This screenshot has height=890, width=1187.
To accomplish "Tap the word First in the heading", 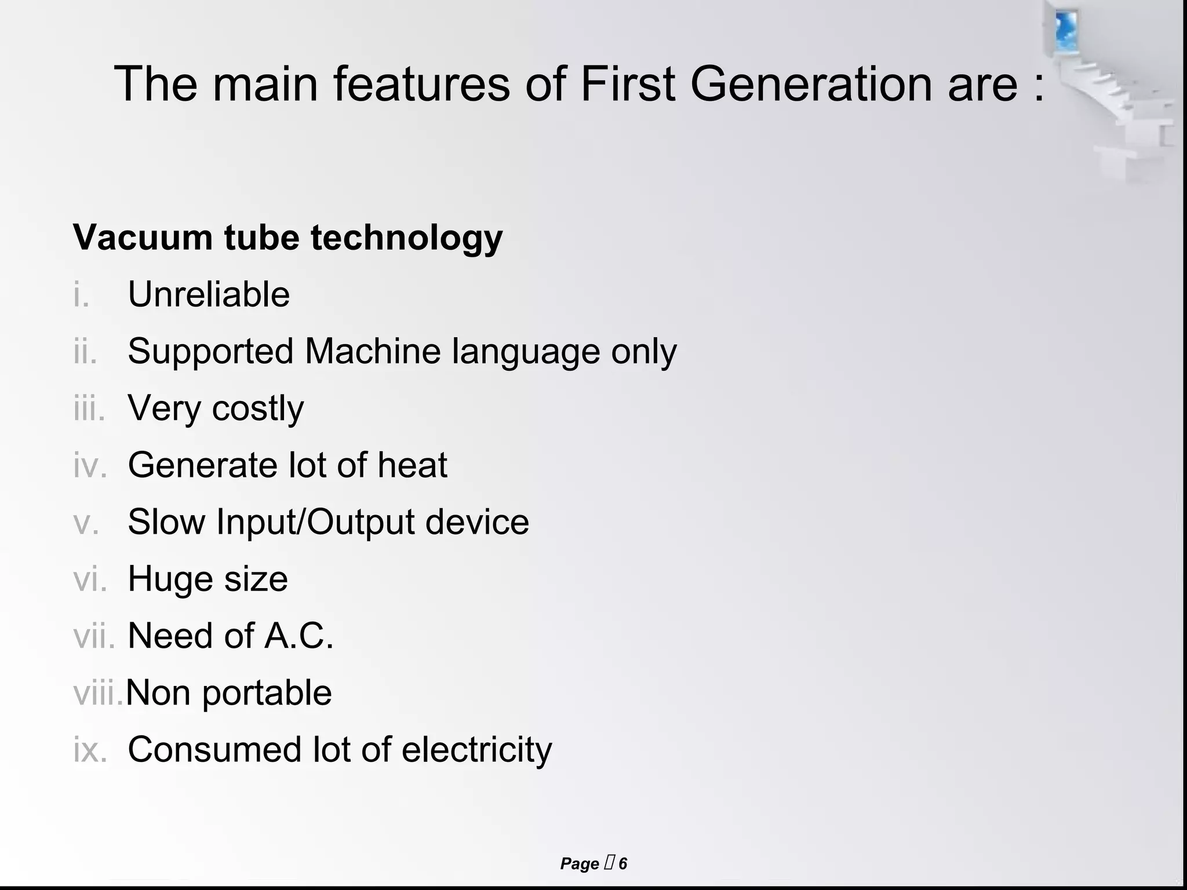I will [x=628, y=84].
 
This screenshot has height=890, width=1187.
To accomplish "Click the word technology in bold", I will [x=406, y=238].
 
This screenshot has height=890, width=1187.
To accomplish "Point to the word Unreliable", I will [x=209, y=294].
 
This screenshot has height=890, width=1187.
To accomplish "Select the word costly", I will [x=257, y=409].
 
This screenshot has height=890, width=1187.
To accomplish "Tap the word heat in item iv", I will [x=412, y=465].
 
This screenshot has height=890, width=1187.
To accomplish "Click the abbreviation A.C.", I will [x=299, y=635].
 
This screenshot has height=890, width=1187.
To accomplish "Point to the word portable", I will [x=267, y=693].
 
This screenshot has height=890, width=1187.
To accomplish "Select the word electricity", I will [x=476, y=750].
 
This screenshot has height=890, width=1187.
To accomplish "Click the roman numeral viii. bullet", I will [x=97, y=692].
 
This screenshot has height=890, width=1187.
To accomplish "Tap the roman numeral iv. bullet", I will [x=90, y=465].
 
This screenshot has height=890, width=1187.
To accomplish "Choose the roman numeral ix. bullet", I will [x=90, y=750].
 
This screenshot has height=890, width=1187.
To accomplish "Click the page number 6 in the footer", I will [x=622, y=864].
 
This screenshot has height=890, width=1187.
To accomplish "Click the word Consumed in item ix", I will [x=214, y=750].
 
